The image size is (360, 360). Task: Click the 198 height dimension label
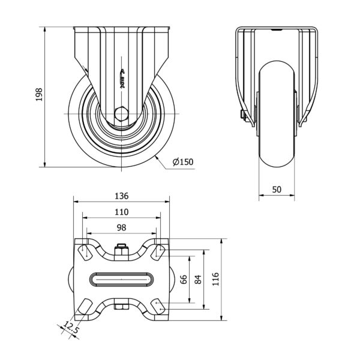click(39, 95)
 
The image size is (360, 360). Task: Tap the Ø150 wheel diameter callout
click(183, 162)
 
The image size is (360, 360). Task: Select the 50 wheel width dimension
click(277, 190)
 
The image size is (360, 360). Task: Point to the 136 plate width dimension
click(121, 196)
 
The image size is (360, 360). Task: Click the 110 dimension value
click(121, 212)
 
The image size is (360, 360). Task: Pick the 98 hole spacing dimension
click(121, 227)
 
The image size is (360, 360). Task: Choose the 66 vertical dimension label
click(184, 280)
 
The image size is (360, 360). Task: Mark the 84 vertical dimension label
click(197, 280)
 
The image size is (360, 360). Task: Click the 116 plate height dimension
click(215, 279)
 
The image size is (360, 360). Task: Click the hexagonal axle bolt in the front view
click(121, 113)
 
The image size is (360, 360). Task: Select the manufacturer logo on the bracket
click(122, 78)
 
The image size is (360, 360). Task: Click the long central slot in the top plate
click(121, 280)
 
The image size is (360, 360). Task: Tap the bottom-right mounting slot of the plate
click(158, 307)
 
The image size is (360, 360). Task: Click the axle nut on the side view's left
click(243, 116)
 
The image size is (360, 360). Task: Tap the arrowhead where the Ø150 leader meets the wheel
click(157, 157)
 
